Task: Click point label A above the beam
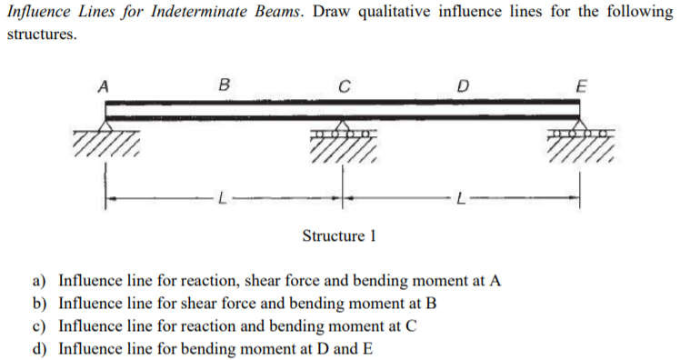point(105,88)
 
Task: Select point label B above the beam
point(224,88)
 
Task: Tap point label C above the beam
point(343,88)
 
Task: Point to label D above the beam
point(462,88)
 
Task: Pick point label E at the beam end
point(582,88)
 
